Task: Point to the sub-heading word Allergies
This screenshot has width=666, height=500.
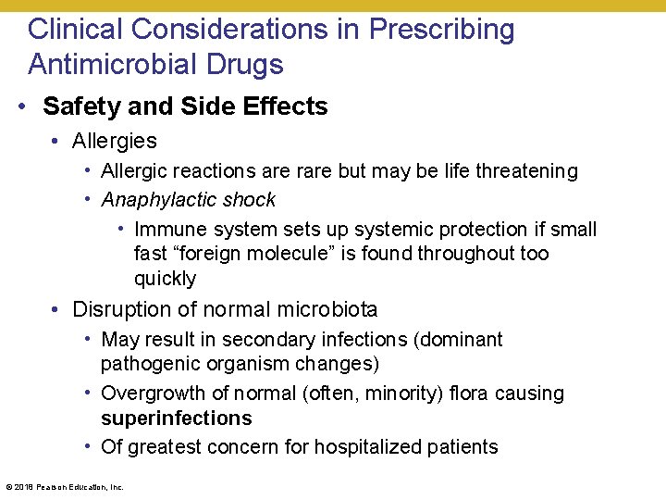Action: (115, 141)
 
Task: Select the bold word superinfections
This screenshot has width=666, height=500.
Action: (176, 419)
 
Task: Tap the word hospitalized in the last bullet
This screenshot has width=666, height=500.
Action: (371, 447)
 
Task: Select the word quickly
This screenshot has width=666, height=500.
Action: (165, 279)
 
